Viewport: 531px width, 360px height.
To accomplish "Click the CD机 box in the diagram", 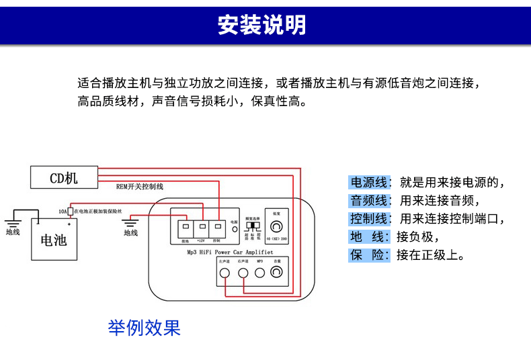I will pos(64,178).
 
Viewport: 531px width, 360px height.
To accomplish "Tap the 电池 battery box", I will pos(54,240).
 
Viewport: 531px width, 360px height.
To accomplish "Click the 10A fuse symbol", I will pos(71,211).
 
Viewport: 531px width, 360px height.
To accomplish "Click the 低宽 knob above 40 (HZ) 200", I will pos(276,226).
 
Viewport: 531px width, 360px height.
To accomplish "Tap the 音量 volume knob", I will pos(276,273).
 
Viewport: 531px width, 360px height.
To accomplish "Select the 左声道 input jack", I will pos(225,273).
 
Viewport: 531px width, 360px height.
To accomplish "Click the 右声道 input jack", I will pos(242,273).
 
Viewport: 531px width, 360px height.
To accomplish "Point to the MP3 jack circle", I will pos(259,273).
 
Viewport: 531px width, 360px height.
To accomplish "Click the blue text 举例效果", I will pos(145,328).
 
